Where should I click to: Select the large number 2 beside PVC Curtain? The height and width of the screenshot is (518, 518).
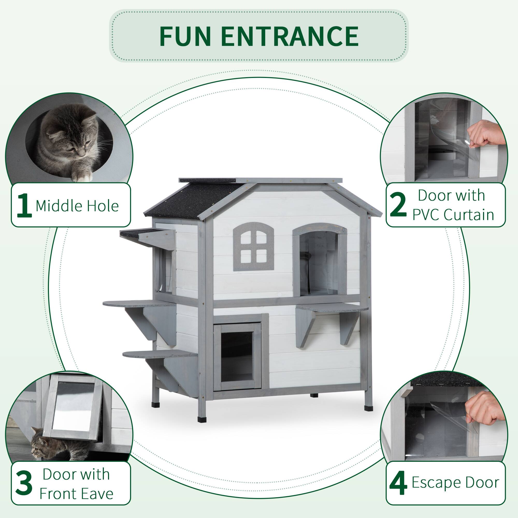click(398, 205)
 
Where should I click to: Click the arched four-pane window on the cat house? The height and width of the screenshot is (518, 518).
click(253, 247)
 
